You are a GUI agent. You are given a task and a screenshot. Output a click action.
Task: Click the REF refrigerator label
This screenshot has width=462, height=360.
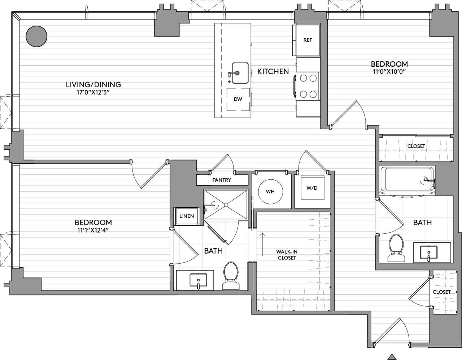(308, 40)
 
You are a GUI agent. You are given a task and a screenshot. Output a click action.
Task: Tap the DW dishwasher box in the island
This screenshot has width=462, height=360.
(238, 99)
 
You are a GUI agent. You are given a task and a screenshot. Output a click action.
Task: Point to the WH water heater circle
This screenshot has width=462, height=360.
(270, 192)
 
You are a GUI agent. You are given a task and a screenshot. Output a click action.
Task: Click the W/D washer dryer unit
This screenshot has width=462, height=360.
(312, 188)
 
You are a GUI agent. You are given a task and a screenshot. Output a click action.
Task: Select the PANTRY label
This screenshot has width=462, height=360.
(222, 180)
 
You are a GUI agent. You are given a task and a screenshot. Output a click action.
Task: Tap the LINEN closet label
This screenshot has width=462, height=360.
(187, 216)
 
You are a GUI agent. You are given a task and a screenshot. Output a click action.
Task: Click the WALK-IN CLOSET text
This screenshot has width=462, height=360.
(287, 255)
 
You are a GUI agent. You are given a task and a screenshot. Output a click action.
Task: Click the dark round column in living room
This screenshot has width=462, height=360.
(36, 36)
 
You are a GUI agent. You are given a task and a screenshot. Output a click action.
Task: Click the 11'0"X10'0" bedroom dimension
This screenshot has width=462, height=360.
(389, 71)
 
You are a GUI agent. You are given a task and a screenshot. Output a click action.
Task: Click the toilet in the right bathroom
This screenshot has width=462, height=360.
(396, 248)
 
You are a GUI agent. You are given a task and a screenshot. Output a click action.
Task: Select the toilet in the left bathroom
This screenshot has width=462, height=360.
(231, 276)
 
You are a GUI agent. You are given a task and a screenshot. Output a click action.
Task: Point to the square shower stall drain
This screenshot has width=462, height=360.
(226, 205)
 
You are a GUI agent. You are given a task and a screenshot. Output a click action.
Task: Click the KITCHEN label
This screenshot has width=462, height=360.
(273, 71)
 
